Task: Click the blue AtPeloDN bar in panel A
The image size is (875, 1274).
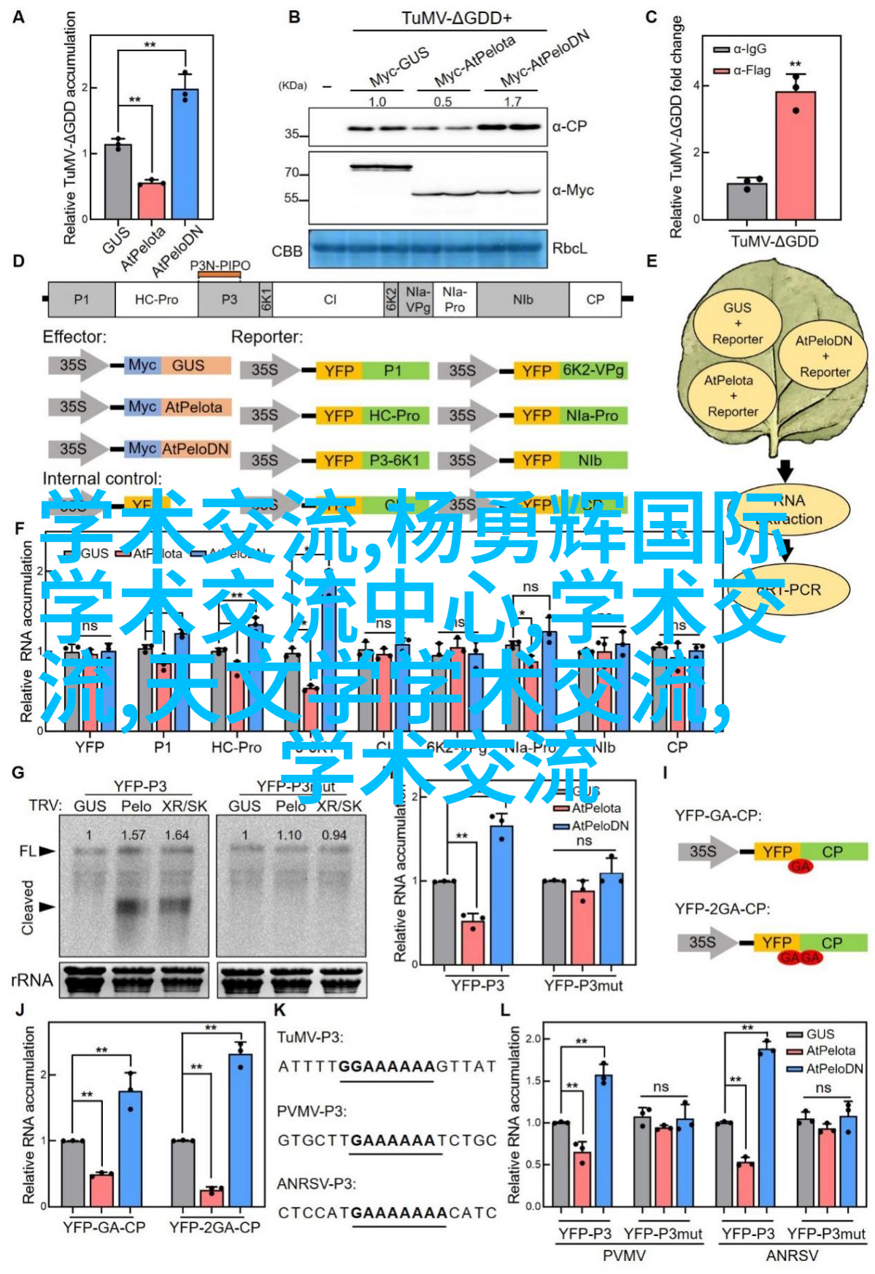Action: (x=185, y=153)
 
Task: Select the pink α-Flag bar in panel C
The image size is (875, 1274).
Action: (x=795, y=155)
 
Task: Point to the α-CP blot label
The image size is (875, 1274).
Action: (x=569, y=126)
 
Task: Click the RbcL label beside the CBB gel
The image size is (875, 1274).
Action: (x=569, y=248)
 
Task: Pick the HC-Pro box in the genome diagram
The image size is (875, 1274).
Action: (x=156, y=299)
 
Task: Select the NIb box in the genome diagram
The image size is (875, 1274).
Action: (x=523, y=299)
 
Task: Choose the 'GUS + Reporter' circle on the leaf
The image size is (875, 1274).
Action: (x=737, y=323)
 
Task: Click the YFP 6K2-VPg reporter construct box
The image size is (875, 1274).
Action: (x=569, y=371)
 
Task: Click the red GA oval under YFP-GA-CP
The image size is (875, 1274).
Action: (x=800, y=866)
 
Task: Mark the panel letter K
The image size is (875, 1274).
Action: (x=280, y=1010)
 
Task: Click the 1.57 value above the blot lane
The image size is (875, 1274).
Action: (x=134, y=835)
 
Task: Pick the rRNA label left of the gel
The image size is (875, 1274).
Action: (x=32, y=980)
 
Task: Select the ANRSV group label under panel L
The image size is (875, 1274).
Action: (x=792, y=1255)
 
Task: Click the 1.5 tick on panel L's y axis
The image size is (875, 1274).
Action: (x=533, y=1081)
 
